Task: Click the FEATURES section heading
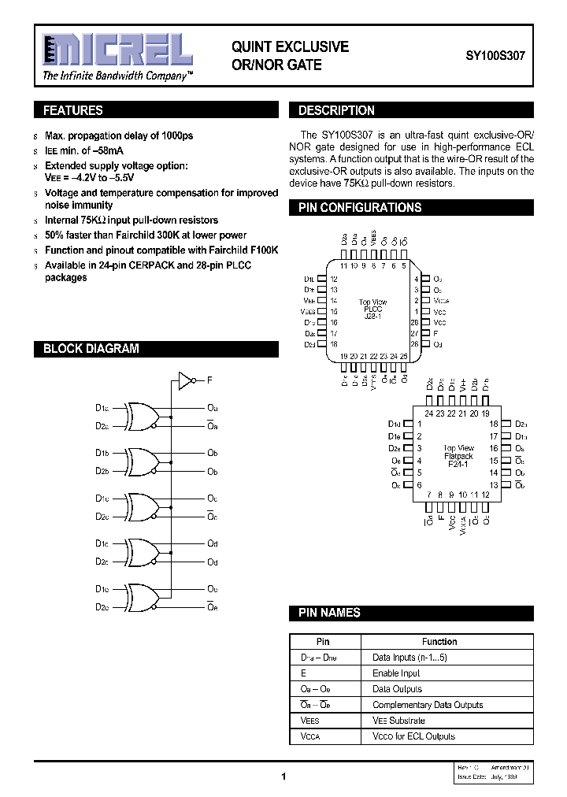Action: pyautogui.click(x=72, y=111)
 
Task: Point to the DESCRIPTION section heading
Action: pyautogui.click(x=336, y=111)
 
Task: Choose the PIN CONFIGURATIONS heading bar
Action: pyautogui.click(x=360, y=208)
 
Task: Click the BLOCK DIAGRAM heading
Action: pyautogui.click(x=91, y=348)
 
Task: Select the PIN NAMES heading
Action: pyautogui.click(x=329, y=613)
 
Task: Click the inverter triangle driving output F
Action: pyautogui.click(x=186, y=381)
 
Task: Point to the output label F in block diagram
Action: pyautogui.click(x=209, y=381)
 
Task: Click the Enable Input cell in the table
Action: pyautogui.click(x=396, y=673)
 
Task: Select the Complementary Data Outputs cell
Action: pyautogui.click(x=428, y=705)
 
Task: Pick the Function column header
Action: pyautogui.click(x=439, y=642)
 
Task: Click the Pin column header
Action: pyautogui.click(x=323, y=642)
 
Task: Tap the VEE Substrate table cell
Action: pyautogui.click(x=398, y=721)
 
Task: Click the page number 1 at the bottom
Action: pyautogui.click(x=283, y=777)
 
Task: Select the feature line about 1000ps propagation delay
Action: pyautogui.click(x=119, y=135)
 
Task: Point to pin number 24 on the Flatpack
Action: pyautogui.click(x=428, y=413)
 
